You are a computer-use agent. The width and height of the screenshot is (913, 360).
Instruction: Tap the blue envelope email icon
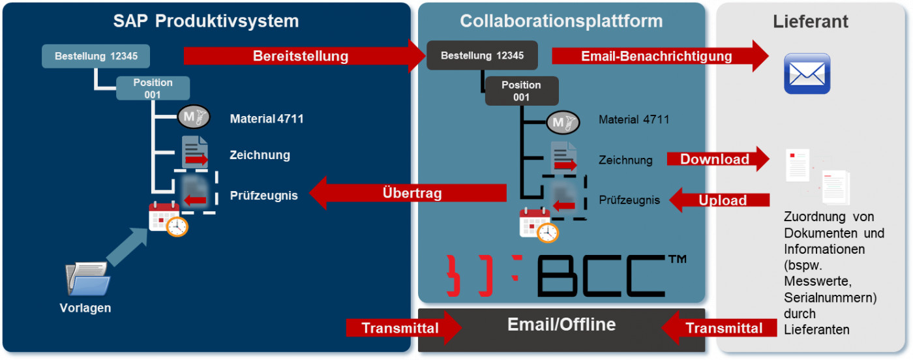coord(807,74)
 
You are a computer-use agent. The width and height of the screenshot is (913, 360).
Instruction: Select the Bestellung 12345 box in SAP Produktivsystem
coord(96,56)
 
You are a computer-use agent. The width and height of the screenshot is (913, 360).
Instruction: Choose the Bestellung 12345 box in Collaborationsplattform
coord(482,56)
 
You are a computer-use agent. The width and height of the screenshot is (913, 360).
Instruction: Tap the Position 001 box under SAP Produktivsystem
coord(153,88)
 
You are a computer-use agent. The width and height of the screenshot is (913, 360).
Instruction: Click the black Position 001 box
coord(521,91)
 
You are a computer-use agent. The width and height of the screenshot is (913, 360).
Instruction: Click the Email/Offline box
coord(561,325)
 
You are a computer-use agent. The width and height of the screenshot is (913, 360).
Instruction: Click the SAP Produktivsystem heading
coord(206,21)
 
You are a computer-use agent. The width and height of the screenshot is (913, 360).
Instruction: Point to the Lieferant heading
coord(811,21)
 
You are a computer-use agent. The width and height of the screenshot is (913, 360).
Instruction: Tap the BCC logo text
coord(600,276)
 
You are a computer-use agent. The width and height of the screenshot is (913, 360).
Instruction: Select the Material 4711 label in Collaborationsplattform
coord(633,119)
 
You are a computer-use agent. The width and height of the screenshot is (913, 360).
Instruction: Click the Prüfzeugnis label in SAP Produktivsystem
coord(263,195)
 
